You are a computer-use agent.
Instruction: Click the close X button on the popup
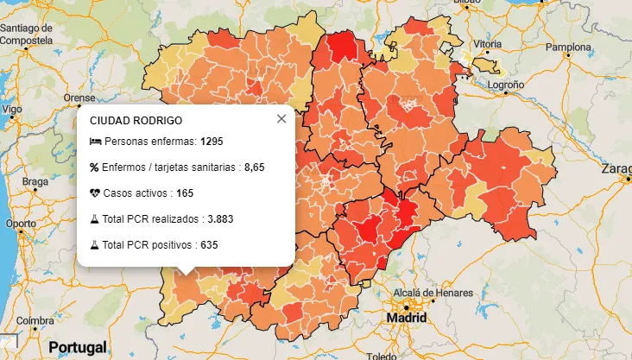tap(281, 119)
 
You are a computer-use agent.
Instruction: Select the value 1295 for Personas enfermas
tap(212, 141)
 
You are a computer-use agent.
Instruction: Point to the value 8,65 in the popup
tap(254, 167)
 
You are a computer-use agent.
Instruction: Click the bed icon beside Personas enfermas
tap(95, 141)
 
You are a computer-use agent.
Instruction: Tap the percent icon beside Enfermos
tap(95, 167)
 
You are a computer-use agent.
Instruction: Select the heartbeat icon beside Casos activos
tap(95, 193)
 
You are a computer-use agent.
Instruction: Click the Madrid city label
tap(407, 318)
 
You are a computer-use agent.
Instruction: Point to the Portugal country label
tap(78, 347)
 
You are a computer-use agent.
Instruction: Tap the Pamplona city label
tap(566, 47)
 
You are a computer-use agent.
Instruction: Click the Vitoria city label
tap(487, 43)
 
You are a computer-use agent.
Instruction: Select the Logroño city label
tap(507, 85)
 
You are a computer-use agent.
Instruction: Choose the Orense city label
tap(79, 98)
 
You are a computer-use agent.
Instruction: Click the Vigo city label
tap(12, 110)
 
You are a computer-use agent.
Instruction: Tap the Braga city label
tap(35, 181)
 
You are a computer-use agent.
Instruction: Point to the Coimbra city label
tap(35, 320)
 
